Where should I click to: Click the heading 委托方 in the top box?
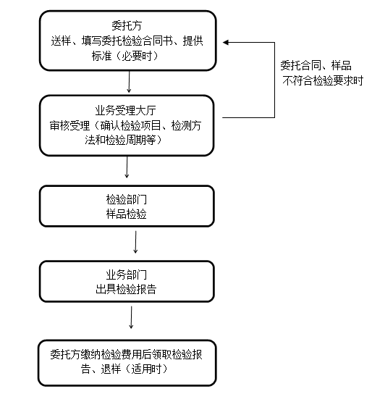coord(127,25)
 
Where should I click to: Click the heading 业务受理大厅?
coord(125,111)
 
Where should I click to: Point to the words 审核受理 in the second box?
coord(69,125)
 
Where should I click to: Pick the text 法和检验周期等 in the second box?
coord(120,141)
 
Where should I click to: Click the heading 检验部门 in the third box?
coord(127,199)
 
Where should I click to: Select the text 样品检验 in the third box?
coord(127,214)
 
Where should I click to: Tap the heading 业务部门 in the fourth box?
coord(127,275)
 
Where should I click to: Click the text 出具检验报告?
coord(126,289)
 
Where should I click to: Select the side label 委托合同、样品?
coord(316,65)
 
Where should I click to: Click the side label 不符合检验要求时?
coord(323,80)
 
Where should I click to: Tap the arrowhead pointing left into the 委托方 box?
coord(226,42)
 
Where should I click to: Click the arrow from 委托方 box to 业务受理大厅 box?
coord(129,82)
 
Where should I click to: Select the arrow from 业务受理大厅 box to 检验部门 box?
coord(127,167)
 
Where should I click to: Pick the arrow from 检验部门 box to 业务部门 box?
coord(135,242)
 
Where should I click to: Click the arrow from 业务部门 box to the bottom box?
coord(131,317)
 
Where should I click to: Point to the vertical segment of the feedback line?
coord(274,80)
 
